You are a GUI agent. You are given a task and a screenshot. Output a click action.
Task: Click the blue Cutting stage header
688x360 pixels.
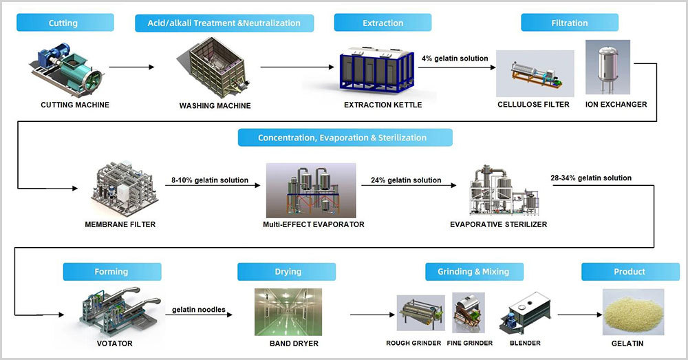pos(65,23)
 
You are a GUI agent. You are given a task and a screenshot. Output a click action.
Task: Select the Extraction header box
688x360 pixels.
pos(383,23)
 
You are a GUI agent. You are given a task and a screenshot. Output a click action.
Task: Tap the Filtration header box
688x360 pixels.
pos(570,23)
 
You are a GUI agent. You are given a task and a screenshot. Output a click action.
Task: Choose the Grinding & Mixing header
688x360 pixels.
pos(474,272)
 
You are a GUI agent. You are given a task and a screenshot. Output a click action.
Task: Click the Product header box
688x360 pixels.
pos(630,272)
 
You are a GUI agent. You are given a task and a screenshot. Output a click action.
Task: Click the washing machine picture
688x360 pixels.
pos(213,67)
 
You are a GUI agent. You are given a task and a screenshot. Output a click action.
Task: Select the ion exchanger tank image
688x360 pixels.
pos(608,67)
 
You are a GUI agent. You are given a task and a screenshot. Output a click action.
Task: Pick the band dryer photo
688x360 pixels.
pos(288,312)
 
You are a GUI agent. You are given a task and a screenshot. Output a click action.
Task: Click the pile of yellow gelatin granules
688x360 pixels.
pos(633,312)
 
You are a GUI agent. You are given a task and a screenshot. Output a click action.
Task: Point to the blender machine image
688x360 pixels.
pos(525,313)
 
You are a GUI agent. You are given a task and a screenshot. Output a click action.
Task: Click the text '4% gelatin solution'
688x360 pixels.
pos(455,59)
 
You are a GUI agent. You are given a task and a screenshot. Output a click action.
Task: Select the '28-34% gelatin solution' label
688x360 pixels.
pos(591,178)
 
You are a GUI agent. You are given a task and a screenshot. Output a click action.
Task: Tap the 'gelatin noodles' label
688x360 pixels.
pos(198,310)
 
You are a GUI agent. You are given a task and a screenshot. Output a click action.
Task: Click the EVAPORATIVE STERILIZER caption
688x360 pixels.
pos(498,224)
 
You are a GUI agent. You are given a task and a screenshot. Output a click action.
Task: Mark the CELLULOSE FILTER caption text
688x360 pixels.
pos(533,105)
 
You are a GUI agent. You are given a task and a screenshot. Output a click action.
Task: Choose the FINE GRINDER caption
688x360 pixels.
pos(469,343)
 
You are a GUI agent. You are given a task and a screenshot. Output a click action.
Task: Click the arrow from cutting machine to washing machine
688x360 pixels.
pos(131,67)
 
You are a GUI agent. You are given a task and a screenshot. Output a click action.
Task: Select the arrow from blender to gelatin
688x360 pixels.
pos(579,315)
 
